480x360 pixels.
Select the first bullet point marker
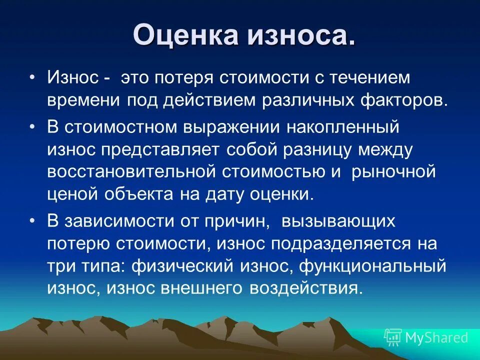click(32, 78)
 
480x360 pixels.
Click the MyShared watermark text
click(436, 337)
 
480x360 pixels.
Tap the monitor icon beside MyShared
click(393, 337)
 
